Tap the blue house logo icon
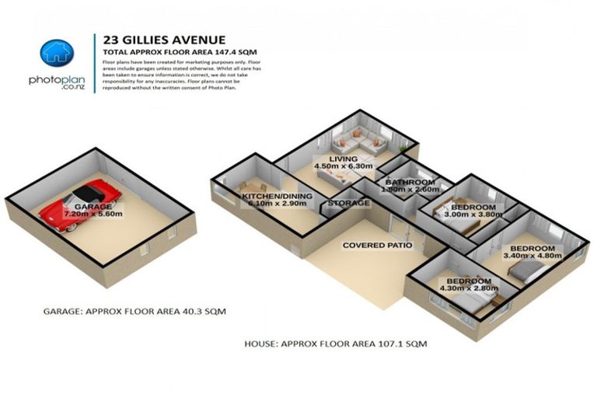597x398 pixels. [x=56, y=52]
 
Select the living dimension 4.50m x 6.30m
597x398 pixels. [x=341, y=166]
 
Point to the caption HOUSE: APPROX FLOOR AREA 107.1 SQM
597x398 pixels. [x=346, y=342]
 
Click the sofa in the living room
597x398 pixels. [x=359, y=142]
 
